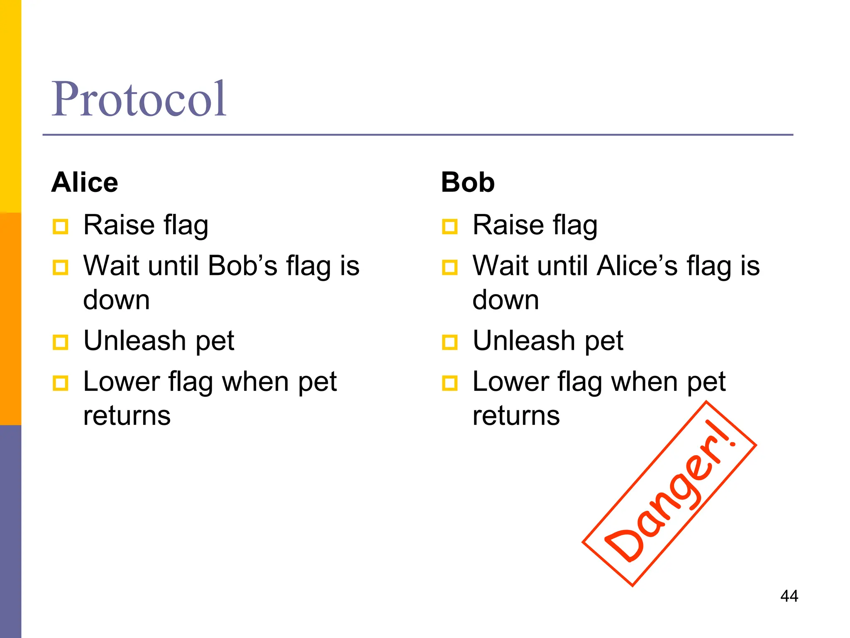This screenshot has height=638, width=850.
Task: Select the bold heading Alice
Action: pyautogui.click(x=85, y=182)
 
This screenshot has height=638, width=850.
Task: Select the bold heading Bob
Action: pyautogui.click(x=468, y=182)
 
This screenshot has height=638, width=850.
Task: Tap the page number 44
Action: pyautogui.click(x=789, y=596)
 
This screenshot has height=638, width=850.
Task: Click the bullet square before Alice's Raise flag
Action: pyautogui.click(x=61, y=227)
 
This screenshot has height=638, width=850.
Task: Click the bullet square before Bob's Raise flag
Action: pyautogui.click(x=450, y=227)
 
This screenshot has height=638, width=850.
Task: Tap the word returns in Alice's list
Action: pyautogui.click(x=127, y=416)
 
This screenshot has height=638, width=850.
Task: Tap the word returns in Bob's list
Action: pyautogui.click(x=516, y=416)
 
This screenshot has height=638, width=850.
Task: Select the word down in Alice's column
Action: pyautogui.click(x=116, y=300)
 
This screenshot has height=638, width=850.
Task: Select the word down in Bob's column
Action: pyautogui.click(x=506, y=300)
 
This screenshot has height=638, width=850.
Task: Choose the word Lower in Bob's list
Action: pyautogui.click(x=510, y=382)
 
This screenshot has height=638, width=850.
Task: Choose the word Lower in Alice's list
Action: pyautogui.click(x=121, y=382)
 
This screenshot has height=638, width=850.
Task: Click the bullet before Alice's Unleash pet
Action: pyautogui.click(x=61, y=343)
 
